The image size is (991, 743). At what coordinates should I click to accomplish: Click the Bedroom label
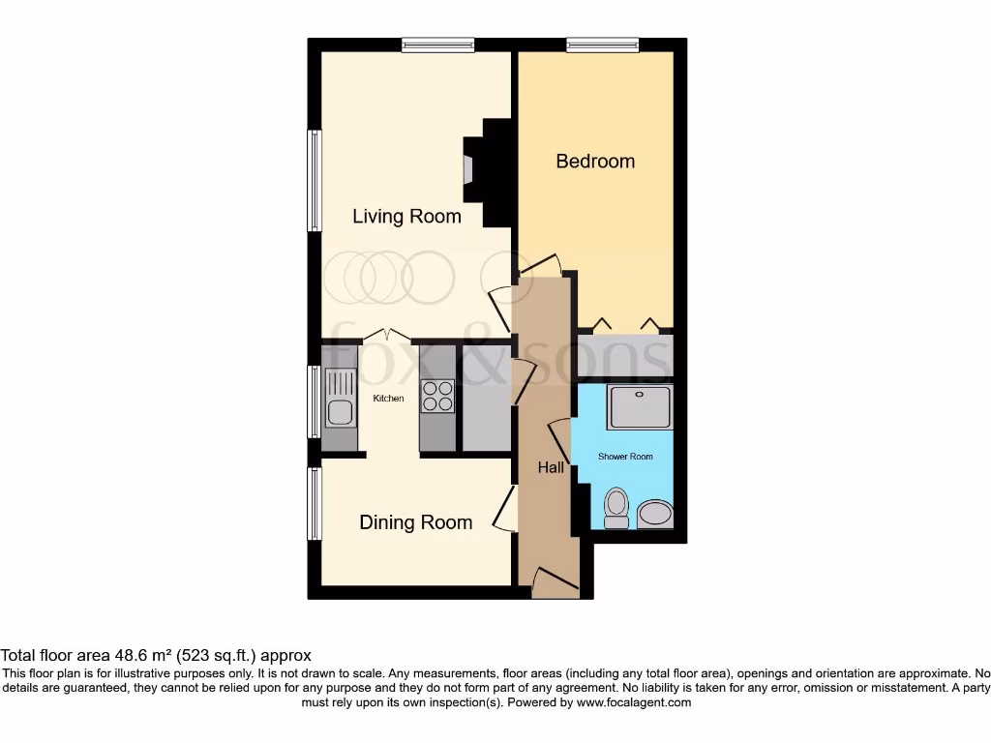pos(595,162)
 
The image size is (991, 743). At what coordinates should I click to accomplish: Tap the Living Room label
pos(406,216)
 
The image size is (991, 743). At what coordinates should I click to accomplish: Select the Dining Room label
pos(416,522)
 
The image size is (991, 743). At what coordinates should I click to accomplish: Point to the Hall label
pos(551,467)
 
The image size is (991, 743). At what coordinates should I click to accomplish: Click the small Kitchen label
pos(389,399)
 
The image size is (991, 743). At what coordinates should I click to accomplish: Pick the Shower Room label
pos(625,456)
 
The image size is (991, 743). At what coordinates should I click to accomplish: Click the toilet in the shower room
pos(616,507)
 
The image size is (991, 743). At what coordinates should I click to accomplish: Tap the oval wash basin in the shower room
pos(656,513)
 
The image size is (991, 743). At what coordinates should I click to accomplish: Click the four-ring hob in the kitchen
pos(437,396)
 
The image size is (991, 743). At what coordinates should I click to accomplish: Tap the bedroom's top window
pos(602,45)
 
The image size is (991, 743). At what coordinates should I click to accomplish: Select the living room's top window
pos(438,45)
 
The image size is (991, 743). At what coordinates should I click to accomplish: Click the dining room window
pos(315,504)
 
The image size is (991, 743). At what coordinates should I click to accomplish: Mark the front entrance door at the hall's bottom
pos(554,583)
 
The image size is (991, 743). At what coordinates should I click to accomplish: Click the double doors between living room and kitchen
pos(386,336)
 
